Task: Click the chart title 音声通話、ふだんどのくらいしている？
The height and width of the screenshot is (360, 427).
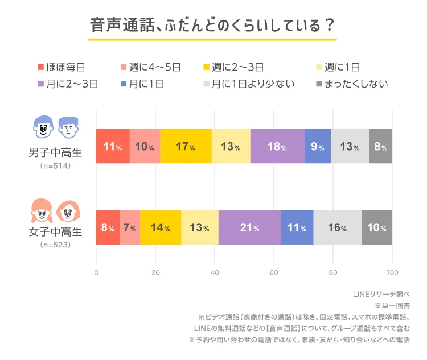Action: [212, 26]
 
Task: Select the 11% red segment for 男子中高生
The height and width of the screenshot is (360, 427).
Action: [113, 147]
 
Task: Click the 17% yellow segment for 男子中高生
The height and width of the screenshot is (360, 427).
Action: [186, 147]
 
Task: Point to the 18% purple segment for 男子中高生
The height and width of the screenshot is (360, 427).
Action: [277, 147]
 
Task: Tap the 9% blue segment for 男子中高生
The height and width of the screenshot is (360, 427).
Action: [317, 147]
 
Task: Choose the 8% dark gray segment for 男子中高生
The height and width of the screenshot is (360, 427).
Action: [381, 147]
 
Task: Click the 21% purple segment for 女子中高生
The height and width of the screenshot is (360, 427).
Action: [249, 227]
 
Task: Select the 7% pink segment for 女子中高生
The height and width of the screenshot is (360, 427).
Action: [130, 227]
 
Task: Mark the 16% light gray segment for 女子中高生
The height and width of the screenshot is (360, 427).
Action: [338, 227]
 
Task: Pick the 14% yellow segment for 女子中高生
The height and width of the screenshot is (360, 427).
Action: [161, 227]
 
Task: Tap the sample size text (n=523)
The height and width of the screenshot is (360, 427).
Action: [55, 245]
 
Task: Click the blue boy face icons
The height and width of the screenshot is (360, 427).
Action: [55, 127]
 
